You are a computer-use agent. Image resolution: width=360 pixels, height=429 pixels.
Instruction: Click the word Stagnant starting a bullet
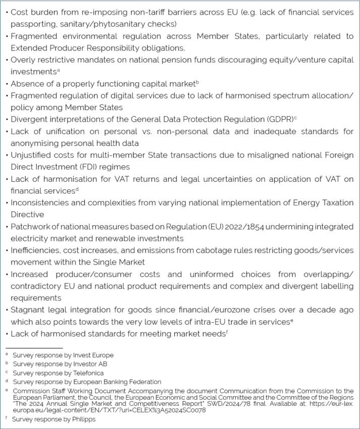(28, 309)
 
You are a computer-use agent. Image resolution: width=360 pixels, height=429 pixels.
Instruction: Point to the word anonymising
(35, 143)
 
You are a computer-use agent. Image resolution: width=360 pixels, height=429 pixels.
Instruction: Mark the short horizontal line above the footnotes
(34, 348)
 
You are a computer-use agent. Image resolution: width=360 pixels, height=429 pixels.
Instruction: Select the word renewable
(122, 238)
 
